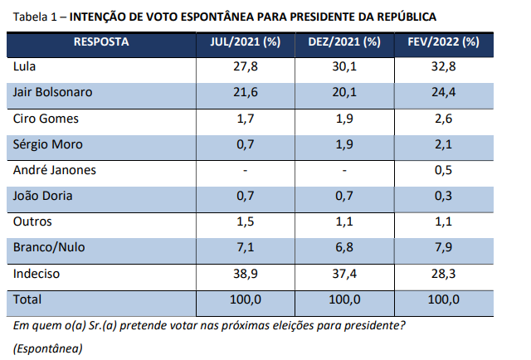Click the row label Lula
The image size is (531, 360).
(27, 67)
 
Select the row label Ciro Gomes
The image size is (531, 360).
(43, 119)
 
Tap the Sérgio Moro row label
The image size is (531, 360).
(44, 144)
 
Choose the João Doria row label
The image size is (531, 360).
(41, 196)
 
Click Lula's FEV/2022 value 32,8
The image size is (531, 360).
(445, 67)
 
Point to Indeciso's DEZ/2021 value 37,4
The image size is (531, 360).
(344, 273)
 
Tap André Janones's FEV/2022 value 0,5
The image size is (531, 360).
(445, 170)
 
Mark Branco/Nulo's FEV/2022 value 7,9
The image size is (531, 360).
(445, 247)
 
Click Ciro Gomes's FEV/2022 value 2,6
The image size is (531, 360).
(445, 119)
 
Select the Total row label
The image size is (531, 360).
(28, 299)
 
